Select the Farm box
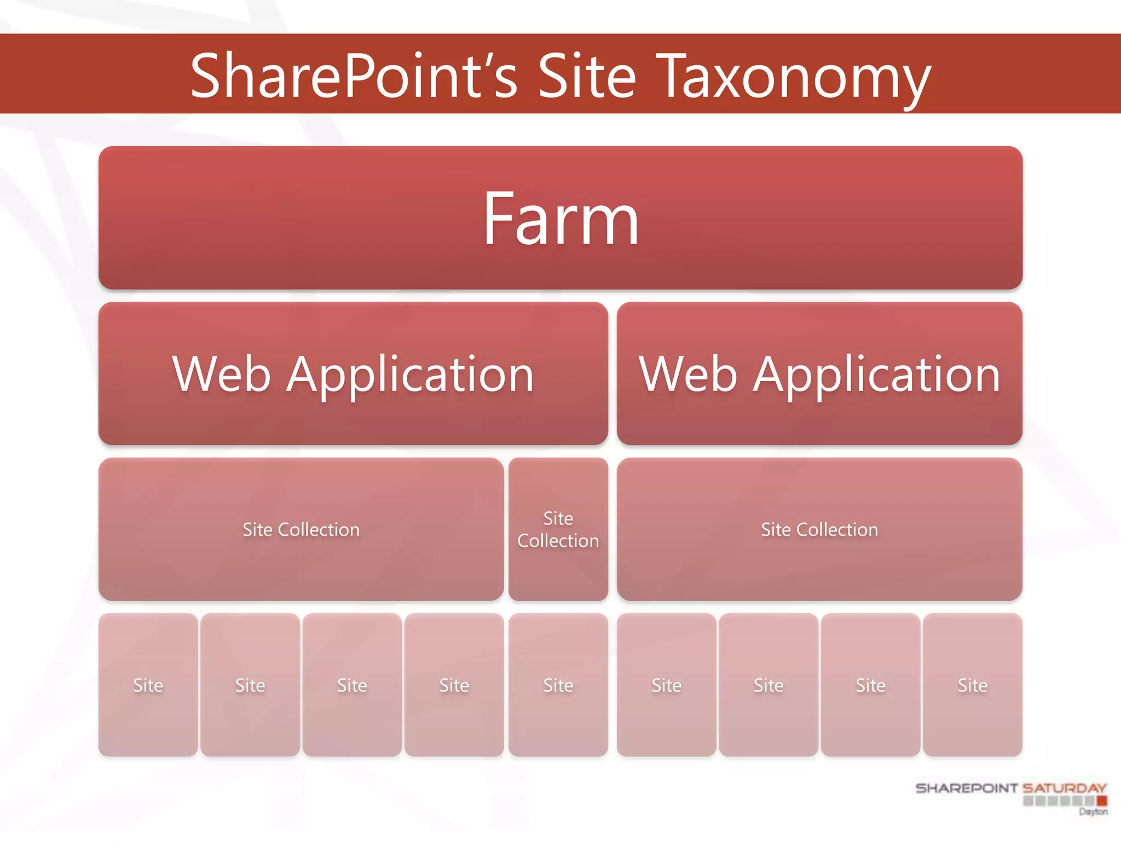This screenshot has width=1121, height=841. click(560, 218)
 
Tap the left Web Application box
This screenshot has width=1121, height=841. click(353, 373)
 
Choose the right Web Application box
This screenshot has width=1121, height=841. click(819, 373)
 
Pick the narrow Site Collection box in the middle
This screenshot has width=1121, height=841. click(558, 529)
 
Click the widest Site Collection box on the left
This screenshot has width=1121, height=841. click(301, 529)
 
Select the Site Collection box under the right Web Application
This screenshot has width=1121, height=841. click(819, 529)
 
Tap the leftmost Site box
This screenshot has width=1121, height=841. click(148, 685)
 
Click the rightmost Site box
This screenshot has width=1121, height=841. click(973, 685)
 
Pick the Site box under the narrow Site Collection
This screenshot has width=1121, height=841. click(558, 685)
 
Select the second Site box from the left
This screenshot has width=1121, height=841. click(250, 685)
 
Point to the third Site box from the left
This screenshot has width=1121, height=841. click(352, 685)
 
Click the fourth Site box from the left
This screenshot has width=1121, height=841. click(454, 685)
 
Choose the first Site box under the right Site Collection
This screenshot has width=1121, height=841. click(666, 685)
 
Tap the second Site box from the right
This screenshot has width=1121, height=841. click(870, 685)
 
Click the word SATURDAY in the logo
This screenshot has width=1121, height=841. click(1065, 788)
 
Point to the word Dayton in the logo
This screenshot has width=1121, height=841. click(1093, 811)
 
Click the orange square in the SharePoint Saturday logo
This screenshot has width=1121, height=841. click(1102, 801)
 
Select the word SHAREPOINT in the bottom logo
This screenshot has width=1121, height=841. click(966, 788)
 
